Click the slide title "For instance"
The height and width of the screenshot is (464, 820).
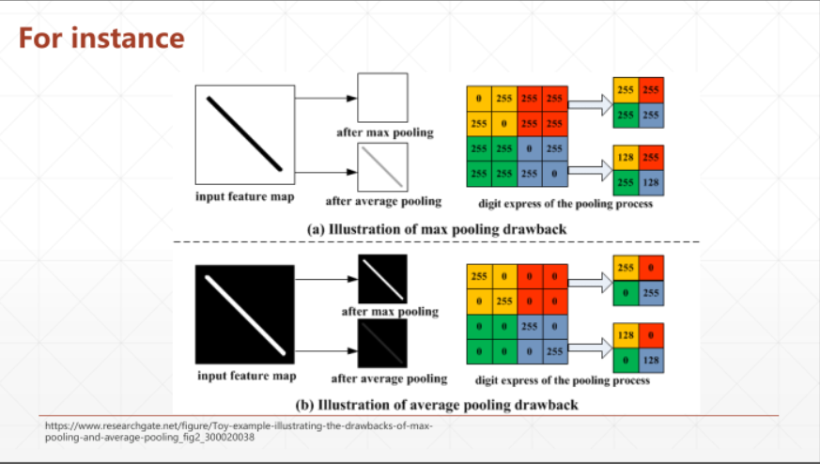click(x=101, y=39)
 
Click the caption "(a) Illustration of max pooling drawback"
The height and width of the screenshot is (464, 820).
click(x=436, y=228)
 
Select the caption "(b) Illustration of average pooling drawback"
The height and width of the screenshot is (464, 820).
click(x=436, y=405)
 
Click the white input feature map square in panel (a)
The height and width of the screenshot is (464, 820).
click(x=244, y=135)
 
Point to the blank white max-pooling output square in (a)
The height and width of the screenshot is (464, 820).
click(x=382, y=98)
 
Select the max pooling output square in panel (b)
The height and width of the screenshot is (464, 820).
click(x=382, y=279)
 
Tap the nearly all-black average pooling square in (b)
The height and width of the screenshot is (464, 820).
click(x=382, y=345)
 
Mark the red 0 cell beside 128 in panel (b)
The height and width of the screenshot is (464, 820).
click(x=651, y=334)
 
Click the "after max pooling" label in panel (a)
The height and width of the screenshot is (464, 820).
click(x=385, y=132)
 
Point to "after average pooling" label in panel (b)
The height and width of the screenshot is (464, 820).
click(x=389, y=379)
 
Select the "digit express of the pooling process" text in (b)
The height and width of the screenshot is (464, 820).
click(x=563, y=380)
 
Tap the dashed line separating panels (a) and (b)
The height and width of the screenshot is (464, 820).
click(x=436, y=242)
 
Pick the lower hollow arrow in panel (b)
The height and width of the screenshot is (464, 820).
click(x=590, y=348)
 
